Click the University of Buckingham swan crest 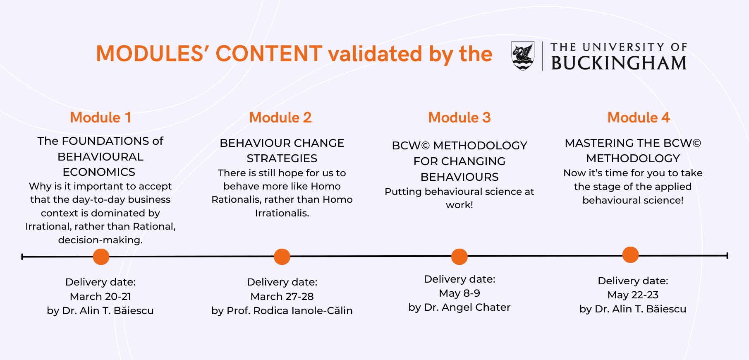pos(523,56)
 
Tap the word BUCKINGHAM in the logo pos(619,63)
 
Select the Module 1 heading pos(101,118)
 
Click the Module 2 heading pos(280,118)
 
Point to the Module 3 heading pos(459,118)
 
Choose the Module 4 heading pos(639,118)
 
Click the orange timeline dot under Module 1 pos(101,257)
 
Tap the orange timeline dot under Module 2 pos(282,257)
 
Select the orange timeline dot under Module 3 pos(459,257)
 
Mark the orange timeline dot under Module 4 pos(630,255)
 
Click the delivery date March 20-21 pos(101,297)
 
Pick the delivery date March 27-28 pos(282,297)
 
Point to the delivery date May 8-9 pos(459,293)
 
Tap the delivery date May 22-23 pos(633,295)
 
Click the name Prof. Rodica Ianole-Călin pos(290,311)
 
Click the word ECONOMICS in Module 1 pos(99,172)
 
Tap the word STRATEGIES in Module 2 pos(282,158)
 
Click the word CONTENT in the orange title pos(269,54)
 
